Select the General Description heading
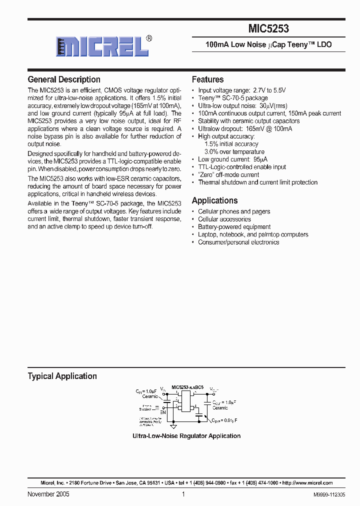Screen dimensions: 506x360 (64, 79)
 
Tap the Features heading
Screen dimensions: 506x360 (207, 79)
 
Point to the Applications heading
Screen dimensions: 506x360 (214, 200)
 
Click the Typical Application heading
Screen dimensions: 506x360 (62, 376)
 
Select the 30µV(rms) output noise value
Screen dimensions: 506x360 (273, 106)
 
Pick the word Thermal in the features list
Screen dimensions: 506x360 (209, 182)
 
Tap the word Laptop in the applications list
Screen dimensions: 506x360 (207, 234)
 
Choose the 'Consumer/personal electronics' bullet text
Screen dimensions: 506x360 (238, 242)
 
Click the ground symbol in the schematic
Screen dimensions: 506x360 (173, 426)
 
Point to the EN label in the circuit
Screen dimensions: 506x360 (162, 412)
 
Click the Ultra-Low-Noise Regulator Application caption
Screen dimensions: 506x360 (186, 436)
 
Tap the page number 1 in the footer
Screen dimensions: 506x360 (183, 494)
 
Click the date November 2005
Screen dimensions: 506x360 (48, 494)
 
